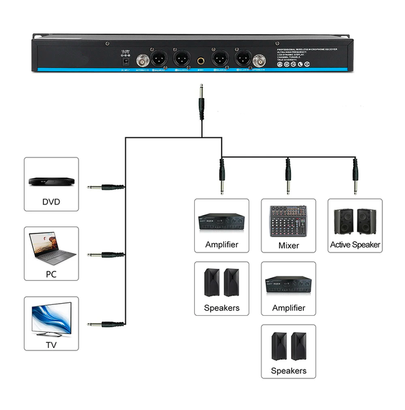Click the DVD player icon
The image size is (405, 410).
(x=51, y=182)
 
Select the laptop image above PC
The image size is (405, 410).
(x=53, y=249)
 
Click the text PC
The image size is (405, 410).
(x=51, y=274)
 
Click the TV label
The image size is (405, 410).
(x=51, y=345)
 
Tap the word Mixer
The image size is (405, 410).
(x=288, y=245)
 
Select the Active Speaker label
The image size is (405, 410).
(x=355, y=244)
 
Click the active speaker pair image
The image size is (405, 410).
(x=355, y=220)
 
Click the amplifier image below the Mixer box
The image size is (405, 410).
(x=288, y=286)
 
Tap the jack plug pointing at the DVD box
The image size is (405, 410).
(x=104, y=187)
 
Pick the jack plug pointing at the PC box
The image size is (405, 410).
(x=104, y=255)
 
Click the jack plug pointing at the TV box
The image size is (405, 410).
(x=104, y=324)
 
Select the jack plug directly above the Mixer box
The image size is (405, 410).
(x=288, y=175)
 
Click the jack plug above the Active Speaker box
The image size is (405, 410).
(x=354, y=175)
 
